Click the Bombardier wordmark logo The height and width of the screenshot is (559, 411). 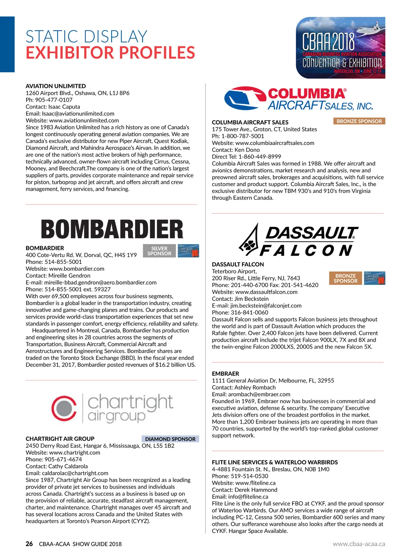tap(112, 229)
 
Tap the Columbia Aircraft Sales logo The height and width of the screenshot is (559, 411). tap(298, 99)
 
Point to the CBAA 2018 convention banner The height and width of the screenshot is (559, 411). tap(340, 48)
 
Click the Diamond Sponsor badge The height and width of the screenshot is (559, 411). tap(170, 439)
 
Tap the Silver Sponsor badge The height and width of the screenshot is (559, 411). tap(159, 251)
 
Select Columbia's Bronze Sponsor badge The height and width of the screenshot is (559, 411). tap(359, 121)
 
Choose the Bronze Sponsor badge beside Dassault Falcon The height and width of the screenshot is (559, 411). tap(345, 278)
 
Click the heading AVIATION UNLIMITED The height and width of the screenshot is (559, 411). tap(56, 86)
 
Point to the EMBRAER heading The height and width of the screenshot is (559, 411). tap(225, 374)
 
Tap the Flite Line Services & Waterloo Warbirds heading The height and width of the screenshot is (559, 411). tap(275, 462)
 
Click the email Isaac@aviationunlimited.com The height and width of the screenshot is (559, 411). tap(78, 113)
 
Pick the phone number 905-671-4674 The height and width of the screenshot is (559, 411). tap(63, 459)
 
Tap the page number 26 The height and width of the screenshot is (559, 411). tap(29, 544)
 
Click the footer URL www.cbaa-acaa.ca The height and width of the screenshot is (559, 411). tap(359, 544)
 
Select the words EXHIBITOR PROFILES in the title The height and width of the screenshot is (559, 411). tap(110, 52)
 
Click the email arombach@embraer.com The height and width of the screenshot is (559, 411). tap(259, 394)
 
